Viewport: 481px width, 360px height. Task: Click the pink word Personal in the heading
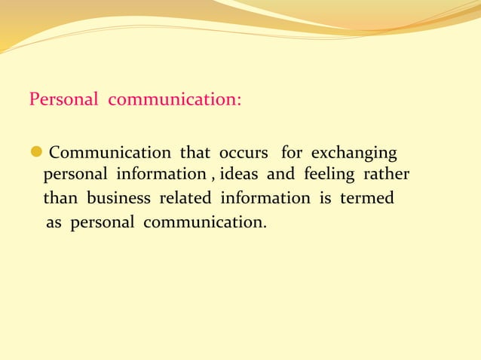click(x=63, y=100)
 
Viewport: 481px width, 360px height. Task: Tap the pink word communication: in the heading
click(x=175, y=100)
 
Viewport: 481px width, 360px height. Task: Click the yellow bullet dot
click(x=35, y=153)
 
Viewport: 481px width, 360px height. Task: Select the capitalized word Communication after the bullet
click(x=110, y=153)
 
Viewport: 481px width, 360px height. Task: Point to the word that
click(x=195, y=153)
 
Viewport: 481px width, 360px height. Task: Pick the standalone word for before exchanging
click(x=292, y=153)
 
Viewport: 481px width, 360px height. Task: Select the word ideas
click(x=240, y=175)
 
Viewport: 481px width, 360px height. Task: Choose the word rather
click(x=387, y=175)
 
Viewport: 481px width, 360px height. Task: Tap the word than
click(x=60, y=199)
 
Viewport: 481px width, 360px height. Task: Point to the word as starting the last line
click(x=54, y=223)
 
